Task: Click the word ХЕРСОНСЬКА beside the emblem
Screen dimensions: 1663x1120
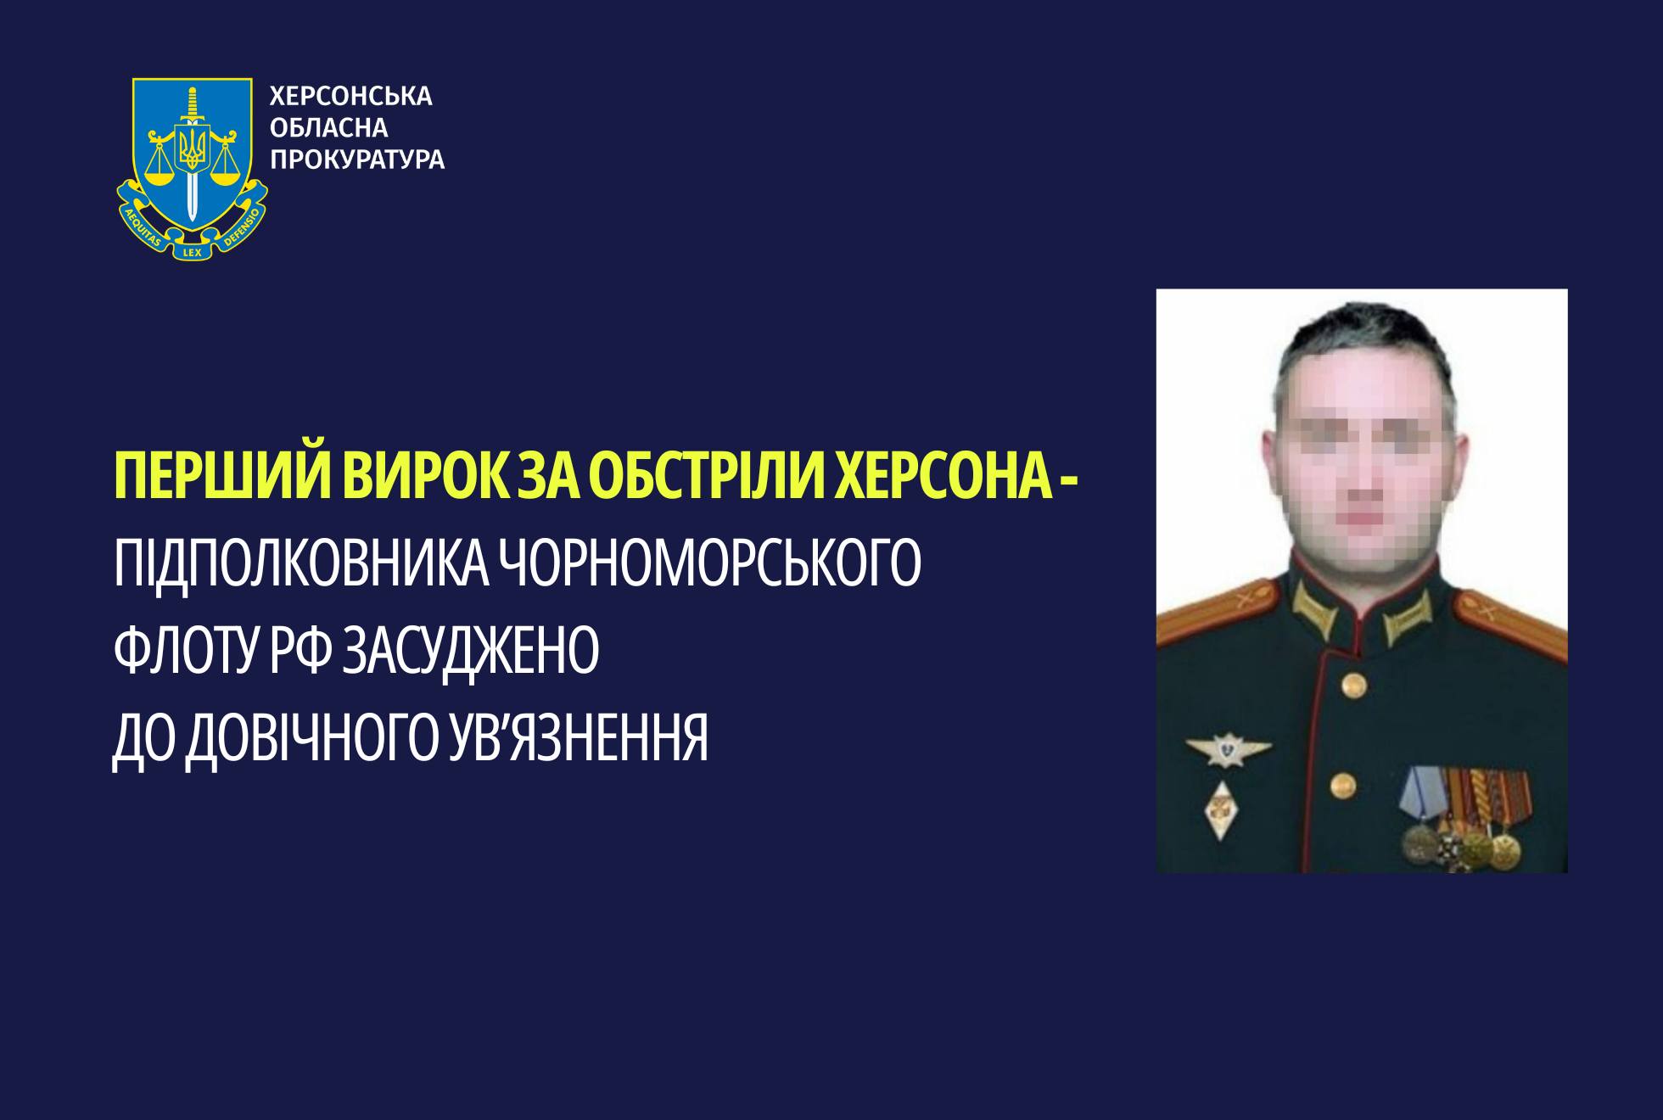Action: click(x=350, y=97)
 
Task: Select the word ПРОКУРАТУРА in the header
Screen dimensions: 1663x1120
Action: click(x=356, y=160)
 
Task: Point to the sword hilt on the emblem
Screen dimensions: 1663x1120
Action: click(x=193, y=105)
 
